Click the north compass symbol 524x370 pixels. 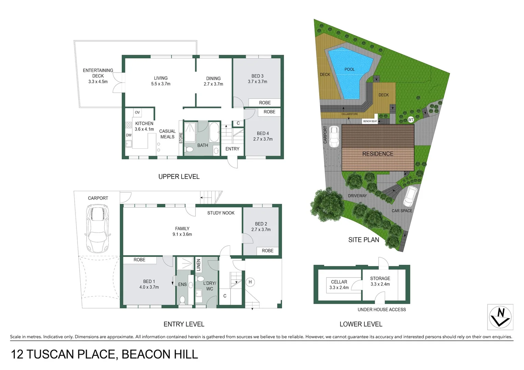[x=500, y=317]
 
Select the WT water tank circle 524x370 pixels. [x=411, y=120]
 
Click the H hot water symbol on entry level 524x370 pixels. [x=250, y=282]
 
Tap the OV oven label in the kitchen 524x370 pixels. [x=137, y=112]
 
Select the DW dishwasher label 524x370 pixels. [x=129, y=135]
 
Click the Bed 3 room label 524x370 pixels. [x=257, y=76]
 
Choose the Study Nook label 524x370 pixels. [x=221, y=213]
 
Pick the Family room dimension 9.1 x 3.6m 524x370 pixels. [x=182, y=234]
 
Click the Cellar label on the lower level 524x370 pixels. [x=339, y=282]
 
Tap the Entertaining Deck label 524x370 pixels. [x=98, y=73]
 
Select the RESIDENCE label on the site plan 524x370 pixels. [x=378, y=154]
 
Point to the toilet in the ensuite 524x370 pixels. [x=182, y=300]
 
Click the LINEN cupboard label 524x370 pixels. [x=198, y=265]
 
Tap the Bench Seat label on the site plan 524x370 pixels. [x=370, y=121]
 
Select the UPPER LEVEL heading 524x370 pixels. [x=179, y=176]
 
